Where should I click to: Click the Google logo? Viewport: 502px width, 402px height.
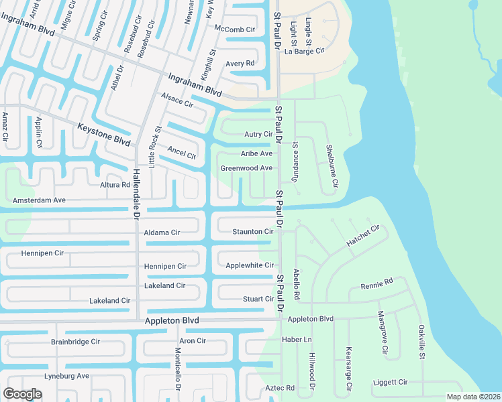tap(23, 394)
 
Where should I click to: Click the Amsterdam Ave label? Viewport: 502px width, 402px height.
tap(40, 200)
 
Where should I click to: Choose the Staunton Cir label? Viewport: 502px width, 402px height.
tap(252, 232)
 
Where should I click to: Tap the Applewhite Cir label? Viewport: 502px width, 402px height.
tap(250, 266)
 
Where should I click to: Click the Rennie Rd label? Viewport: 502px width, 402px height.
tap(376, 284)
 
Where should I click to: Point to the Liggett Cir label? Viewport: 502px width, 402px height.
tap(391, 382)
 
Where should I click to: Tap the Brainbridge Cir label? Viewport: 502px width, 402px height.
tap(75, 342)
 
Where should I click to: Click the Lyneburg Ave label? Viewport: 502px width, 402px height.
tap(66, 376)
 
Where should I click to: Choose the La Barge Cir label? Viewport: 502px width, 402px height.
tap(305, 51)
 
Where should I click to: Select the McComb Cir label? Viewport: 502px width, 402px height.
tap(234, 29)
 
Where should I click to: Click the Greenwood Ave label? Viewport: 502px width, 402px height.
tap(246, 168)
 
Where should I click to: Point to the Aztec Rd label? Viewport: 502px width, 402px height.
tap(281, 388)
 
